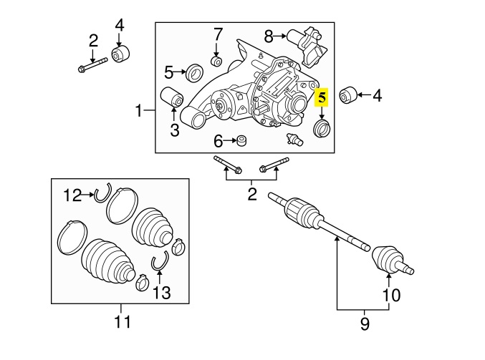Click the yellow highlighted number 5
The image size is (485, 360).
tap(322, 97)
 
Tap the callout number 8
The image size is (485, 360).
tap(269, 37)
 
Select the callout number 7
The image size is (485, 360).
tap(218, 34)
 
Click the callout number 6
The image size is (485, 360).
tap(218, 142)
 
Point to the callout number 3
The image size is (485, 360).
tap(175, 130)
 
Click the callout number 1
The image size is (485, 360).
tap(139, 111)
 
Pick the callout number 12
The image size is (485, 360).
tap(72, 195)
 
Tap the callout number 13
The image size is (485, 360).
tap(162, 293)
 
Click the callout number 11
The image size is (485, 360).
tap(123, 321)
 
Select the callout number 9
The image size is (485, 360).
tap(365, 323)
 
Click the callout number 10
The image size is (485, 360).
tap(392, 295)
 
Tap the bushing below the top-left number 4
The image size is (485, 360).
tap(120, 54)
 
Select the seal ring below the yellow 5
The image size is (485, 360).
tap(322, 129)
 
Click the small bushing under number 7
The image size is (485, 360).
tap(216, 61)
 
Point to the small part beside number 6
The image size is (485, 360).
tap(241, 141)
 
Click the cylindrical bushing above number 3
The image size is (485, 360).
tap(172, 97)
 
